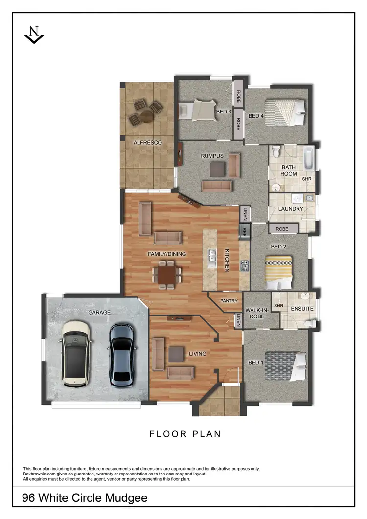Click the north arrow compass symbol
pos(34,35)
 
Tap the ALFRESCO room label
pos(148,143)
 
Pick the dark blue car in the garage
pos(121,354)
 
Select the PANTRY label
pos(229,301)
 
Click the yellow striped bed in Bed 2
pos(278,271)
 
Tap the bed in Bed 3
pos(201,111)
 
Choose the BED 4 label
pos(256,116)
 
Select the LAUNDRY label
pos(291,209)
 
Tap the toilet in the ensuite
pos(309,323)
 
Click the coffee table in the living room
pos(176,353)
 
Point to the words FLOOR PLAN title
pos(185,434)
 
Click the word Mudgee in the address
pos(124,498)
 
